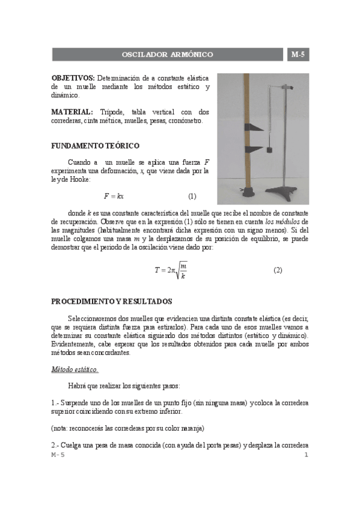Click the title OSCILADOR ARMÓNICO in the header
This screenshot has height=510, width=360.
point(167,55)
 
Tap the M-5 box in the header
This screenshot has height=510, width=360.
point(297,55)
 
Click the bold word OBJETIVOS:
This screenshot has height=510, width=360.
point(73,78)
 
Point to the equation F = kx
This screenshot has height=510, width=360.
point(114,196)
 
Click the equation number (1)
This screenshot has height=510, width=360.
point(192,196)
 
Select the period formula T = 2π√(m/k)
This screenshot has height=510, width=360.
point(171,270)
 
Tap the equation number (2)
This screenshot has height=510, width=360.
point(278,270)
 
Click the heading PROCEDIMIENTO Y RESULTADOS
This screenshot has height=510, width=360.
point(111,301)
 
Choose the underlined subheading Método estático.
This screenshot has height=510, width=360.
point(75,369)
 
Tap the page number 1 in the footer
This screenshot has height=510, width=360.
point(306,455)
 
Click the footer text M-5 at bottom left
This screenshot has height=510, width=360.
point(58,455)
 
